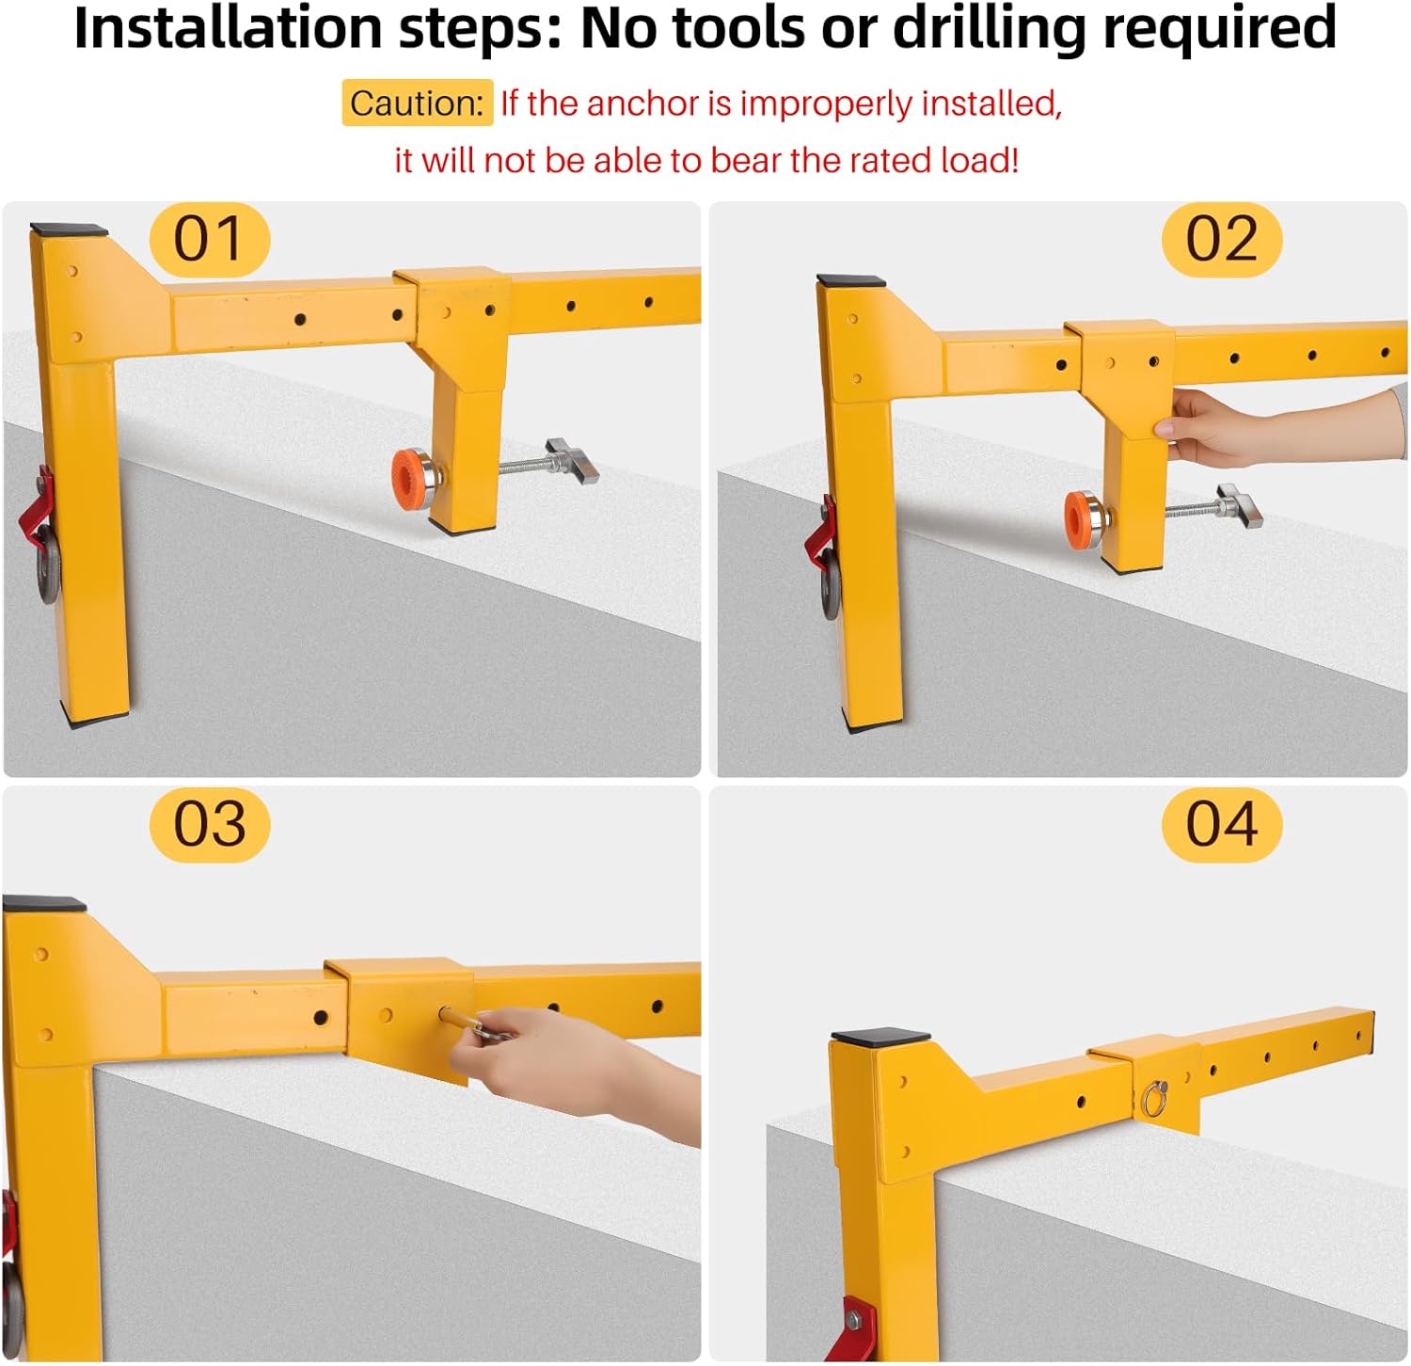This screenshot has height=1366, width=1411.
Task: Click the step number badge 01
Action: pos(209,239)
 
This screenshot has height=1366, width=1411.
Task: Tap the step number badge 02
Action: pos(1221,239)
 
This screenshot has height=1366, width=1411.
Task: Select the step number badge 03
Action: pos(209,824)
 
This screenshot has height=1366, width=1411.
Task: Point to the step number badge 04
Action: pos(1221,824)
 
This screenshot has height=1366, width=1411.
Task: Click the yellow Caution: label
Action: pos(416,103)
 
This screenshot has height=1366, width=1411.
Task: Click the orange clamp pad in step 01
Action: pos(406,478)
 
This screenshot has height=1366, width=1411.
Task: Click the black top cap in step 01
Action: pos(69,230)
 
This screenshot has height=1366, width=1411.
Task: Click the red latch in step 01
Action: pos(38,503)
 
